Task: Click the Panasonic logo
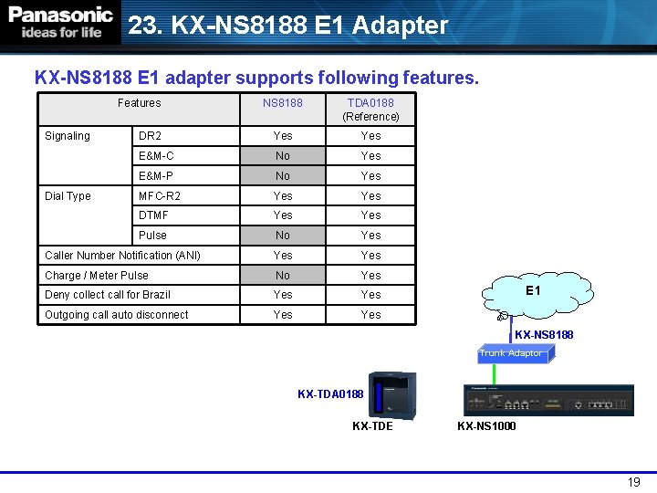pyautogui.click(x=60, y=22)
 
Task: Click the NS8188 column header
pyautogui.click(x=283, y=103)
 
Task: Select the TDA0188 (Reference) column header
pyautogui.click(x=370, y=110)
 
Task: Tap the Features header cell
pyautogui.click(x=139, y=103)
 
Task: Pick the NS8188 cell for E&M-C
pyautogui.click(x=283, y=156)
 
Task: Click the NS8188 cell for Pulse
pyautogui.click(x=283, y=236)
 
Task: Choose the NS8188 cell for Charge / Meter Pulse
pyautogui.click(x=283, y=275)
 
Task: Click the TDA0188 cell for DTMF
pyautogui.click(x=370, y=215)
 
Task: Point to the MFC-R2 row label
pyautogui.click(x=160, y=196)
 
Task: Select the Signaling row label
pyautogui.click(x=68, y=136)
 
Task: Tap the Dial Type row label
pyautogui.click(x=68, y=196)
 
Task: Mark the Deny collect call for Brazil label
pyautogui.click(x=108, y=295)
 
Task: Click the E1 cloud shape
pyautogui.click(x=534, y=290)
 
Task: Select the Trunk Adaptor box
pyautogui.click(x=513, y=353)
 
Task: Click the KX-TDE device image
pyautogui.click(x=391, y=393)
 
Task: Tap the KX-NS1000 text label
pyautogui.click(x=486, y=426)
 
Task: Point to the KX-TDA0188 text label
pyautogui.click(x=330, y=394)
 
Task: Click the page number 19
pyautogui.click(x=634, y=482)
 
